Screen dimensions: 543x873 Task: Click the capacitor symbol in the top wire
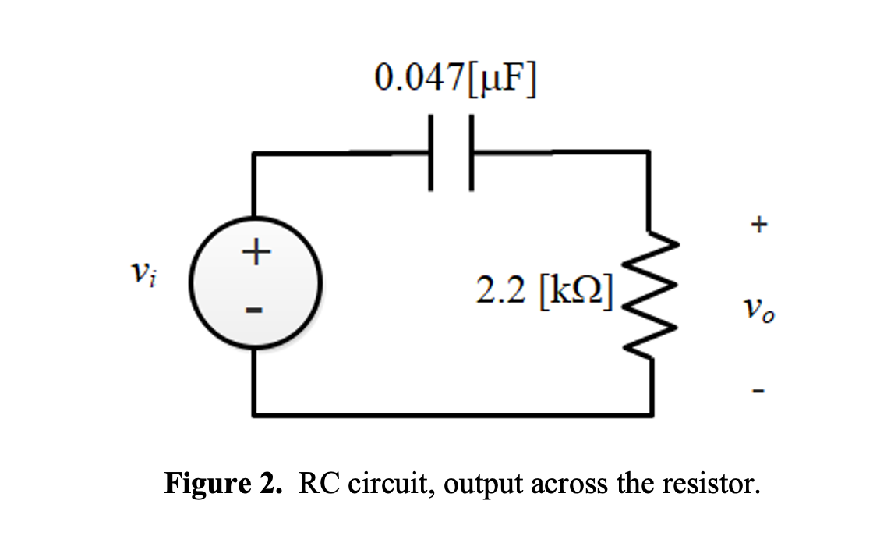click(451, 152)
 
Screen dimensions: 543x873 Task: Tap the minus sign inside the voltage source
click(254, 311)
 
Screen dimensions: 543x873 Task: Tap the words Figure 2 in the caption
click(222, 484)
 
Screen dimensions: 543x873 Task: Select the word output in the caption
click(486, 484)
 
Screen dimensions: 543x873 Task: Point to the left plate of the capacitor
click(430, 152)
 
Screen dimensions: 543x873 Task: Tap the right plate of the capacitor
click(471, 152)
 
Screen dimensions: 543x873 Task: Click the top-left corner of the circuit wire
click(253, 153)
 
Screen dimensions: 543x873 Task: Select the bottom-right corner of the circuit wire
click(649, 414)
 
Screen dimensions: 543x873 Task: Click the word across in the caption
click(568, 484)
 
